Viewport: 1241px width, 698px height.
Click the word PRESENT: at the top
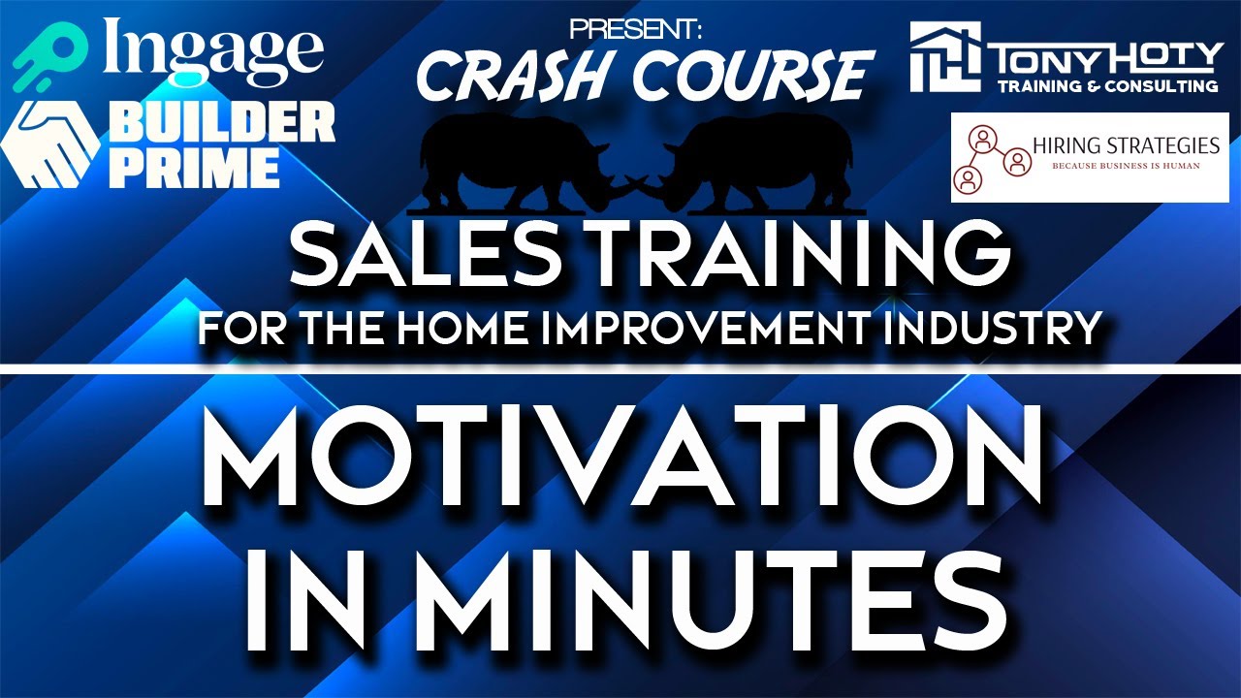(635, 28)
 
